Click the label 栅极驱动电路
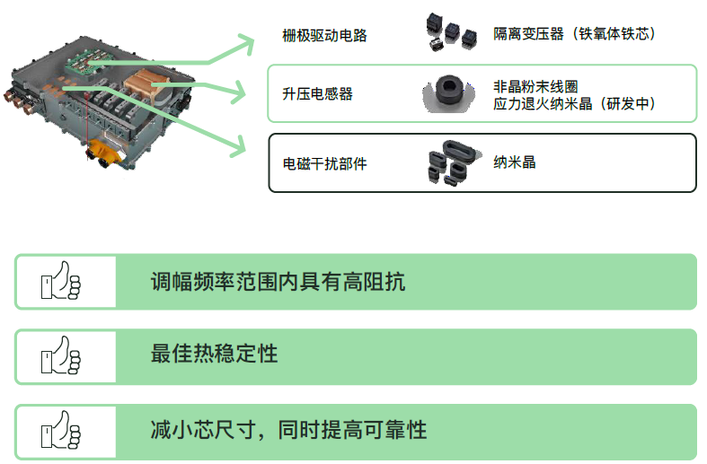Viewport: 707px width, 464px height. (324, 36)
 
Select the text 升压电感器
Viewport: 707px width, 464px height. (317, 93)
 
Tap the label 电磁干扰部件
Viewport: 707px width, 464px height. (324, 163)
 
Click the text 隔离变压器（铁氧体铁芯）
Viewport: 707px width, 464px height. (574, 34)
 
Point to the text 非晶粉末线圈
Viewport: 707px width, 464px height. (535, 87)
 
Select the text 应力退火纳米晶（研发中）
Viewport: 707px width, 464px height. (574, 104)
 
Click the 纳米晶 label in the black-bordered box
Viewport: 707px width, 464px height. (515, 162)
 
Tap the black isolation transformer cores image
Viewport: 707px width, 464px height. (448, 32)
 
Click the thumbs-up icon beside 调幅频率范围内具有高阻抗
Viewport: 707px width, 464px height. (60, 281)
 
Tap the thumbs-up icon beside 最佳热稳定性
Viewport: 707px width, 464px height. (60, 356)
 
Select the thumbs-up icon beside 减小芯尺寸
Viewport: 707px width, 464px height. (60, 432)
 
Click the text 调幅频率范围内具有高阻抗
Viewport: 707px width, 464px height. (278, 282)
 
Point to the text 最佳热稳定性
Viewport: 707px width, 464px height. (214, 354)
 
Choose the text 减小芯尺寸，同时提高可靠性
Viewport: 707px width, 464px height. (288, 429)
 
